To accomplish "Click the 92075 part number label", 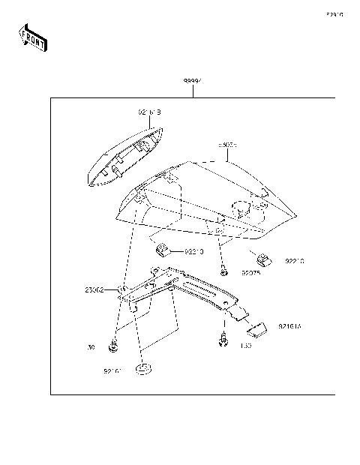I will (x=250, y=274).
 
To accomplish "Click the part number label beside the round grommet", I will (x=113, y=370).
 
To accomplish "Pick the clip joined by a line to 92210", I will (x=161, y=250).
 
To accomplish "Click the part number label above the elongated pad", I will (x=149, y=112).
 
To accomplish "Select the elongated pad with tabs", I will (x=126, y=155).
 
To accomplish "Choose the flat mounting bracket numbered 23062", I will (x=180, y=292).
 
